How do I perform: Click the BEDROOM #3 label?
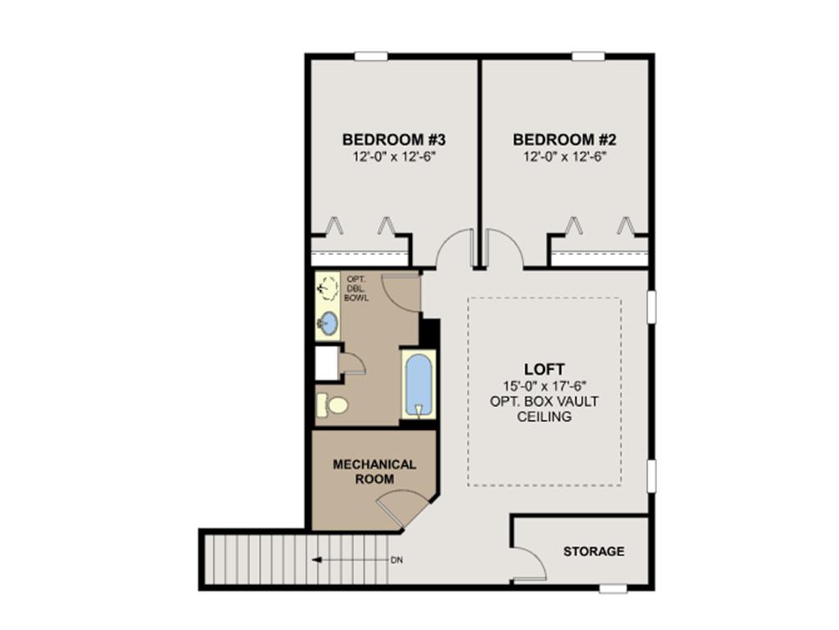pyautogui.click(x=394, y=139)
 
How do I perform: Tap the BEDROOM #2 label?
pyautogui.click(x=565, y=139)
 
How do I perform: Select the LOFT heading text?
pyautogui.click(x=544, y=370)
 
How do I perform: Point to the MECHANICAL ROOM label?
pyautogui.click(x=374, y=472)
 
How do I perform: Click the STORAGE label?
pyautogui.click(x=594, y=551)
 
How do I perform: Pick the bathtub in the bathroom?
pyautogui.click(x=419, y=385)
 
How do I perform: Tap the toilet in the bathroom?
pyautogui.click(x=333, y=404)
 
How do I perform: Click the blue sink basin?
pyautogui.click(x=328, y=323)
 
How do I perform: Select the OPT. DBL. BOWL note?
pyautogui.click(x=356, y=288)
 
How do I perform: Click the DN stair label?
pyautogui.click(x=397, y=560)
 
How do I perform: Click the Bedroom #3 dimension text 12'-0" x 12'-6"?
pyautogui.click(x=394, y=157)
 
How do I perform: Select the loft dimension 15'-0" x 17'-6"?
pyautogui.click(x=545, y=386)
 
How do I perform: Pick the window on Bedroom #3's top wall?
pyautogui.click(x=371, y=56)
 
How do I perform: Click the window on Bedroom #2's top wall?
pyautogui.click(x=588, y=56)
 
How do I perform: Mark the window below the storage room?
pyautogui.click(x=613, y=589)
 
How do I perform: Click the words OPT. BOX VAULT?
pyautogui.click(x=544, y=401)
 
